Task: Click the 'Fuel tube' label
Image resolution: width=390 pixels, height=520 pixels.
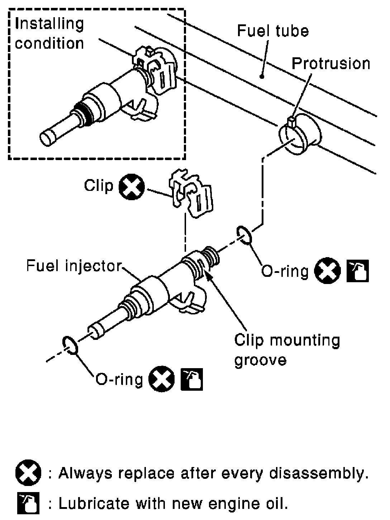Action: [273, 31]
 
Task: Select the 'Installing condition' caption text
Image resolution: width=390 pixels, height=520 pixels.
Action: [49, 34]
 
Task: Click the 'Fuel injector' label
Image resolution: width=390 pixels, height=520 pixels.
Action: [74, 266]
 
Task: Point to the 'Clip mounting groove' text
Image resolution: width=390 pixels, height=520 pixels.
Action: [287, 350]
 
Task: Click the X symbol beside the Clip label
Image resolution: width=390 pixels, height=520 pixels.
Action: [132, 187]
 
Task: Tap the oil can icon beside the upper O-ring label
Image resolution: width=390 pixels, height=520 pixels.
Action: [358, 271]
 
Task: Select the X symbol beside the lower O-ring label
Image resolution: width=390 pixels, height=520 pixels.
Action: [161, 379]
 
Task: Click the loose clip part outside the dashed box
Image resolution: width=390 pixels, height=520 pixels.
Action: [191, 193]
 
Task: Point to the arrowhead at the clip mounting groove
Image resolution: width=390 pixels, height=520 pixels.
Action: [208, 276]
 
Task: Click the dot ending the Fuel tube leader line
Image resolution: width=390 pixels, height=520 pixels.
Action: [262, 77]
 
